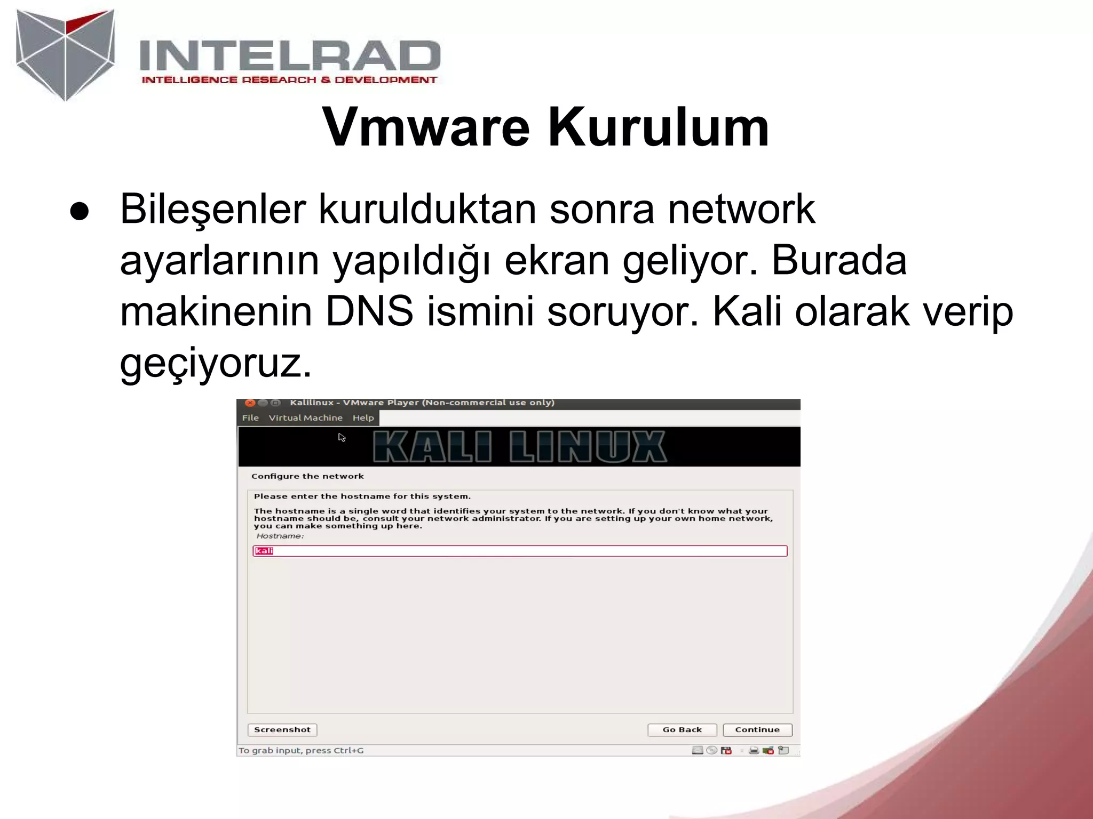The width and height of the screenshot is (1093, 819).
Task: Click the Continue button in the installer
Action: pos(757,730)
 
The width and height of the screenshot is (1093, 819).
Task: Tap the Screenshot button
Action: pos(282,730)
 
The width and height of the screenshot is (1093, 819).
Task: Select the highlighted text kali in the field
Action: pos(264,551)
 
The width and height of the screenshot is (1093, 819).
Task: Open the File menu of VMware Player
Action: pos(250,418)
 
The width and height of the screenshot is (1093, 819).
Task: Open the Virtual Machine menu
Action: pos(305,418)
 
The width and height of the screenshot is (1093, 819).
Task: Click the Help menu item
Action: pos(363,418)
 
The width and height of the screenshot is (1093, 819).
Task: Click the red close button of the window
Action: pos(249,403)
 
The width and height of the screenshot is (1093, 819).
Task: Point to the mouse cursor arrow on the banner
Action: pos(341,437)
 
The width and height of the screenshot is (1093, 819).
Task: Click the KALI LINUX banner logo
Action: pos(519,447)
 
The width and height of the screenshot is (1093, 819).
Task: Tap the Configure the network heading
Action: pos(307,476)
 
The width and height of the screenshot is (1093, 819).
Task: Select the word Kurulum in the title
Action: pos(659,127)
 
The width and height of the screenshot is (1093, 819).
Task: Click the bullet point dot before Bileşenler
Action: pos(79,212)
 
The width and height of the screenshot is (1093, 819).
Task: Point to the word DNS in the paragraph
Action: pos(369,311)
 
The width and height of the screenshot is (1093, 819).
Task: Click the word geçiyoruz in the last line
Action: pos(215,363)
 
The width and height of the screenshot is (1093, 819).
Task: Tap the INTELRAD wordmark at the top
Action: pos(289,55)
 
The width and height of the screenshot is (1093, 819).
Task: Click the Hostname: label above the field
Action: pos(280,536)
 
